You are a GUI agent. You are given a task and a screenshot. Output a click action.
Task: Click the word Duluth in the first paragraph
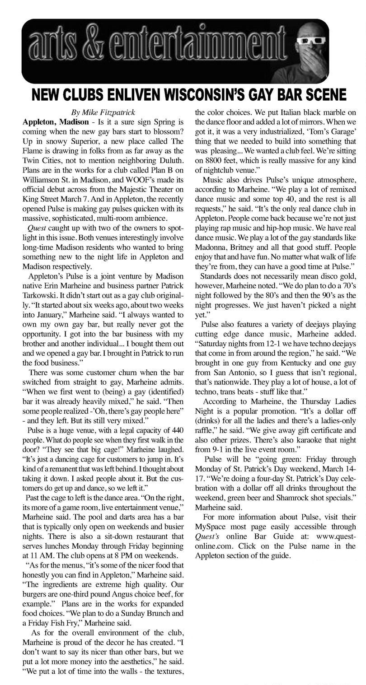tap(169, 159)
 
